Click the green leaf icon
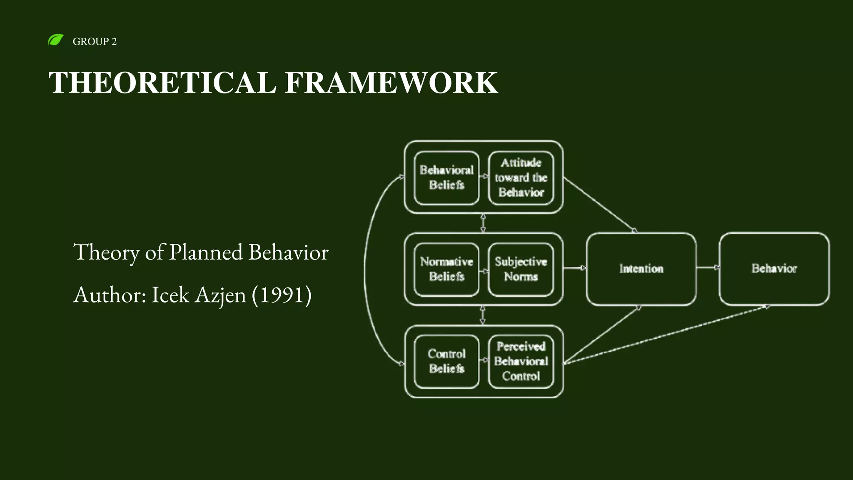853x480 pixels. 55,40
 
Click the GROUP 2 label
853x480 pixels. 95,42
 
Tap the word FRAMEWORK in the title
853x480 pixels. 391,82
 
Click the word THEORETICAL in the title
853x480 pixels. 162,82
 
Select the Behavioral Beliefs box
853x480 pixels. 446,178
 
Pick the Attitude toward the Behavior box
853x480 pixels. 521,178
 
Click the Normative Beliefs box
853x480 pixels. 446,269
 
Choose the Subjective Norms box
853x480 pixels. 521,269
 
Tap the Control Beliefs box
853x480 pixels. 446,361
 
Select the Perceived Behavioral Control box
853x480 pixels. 521,361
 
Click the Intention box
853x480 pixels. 641,269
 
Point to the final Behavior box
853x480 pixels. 774,269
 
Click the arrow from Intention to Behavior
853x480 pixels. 708,267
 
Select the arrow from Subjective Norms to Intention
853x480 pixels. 575,268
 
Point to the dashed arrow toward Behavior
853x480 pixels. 666,335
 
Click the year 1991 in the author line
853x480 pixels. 282,295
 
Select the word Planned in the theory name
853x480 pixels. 206,252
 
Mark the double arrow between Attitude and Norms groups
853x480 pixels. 483,223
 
